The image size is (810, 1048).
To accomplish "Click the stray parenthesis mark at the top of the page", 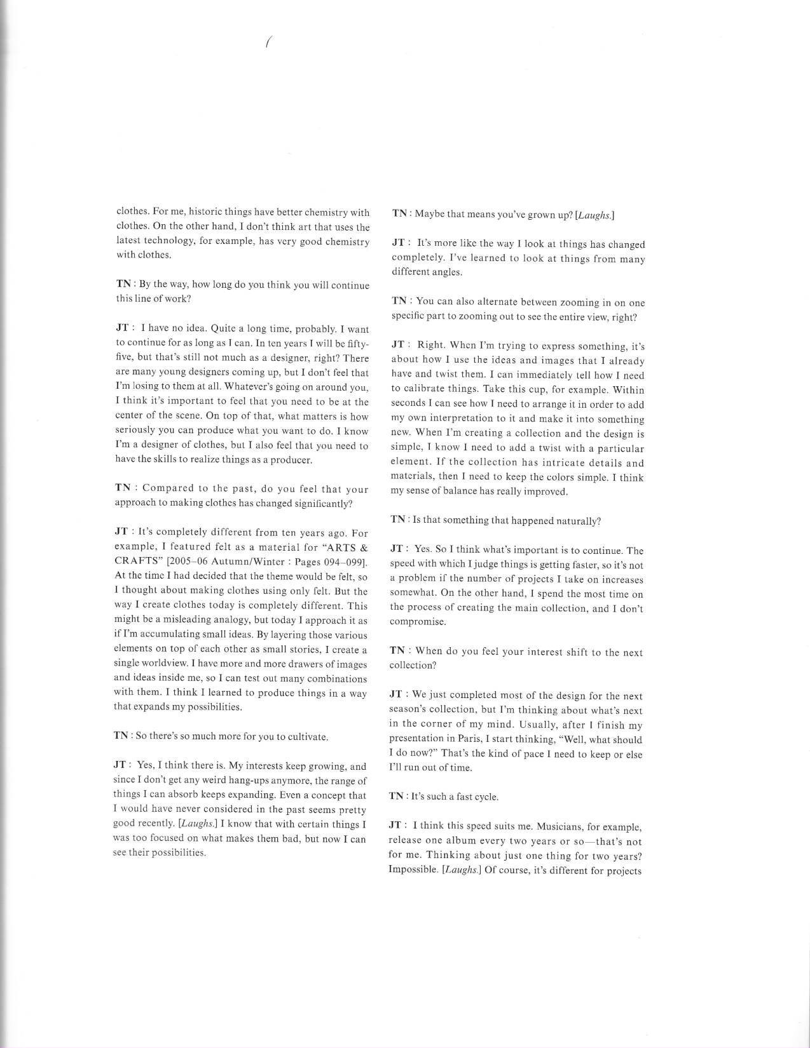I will [268, 43].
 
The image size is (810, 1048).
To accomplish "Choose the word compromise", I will [417, 622].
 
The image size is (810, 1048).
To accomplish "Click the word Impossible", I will [413, 870].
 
